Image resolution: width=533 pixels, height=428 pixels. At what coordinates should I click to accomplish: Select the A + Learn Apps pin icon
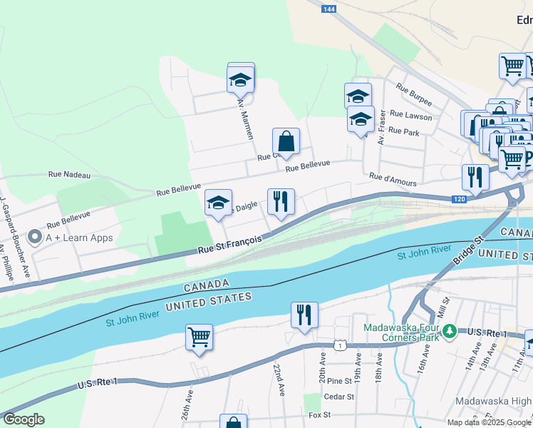(x=33, y=237)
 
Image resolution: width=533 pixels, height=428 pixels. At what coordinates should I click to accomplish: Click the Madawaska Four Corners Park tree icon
(x=449, y=331)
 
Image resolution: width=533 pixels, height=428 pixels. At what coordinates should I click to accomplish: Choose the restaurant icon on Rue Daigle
(x=281, y=202)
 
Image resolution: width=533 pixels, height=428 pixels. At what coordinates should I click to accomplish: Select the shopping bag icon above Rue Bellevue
(x=286, y=141)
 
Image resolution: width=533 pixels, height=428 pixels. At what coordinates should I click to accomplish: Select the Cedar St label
(x=338, y=397)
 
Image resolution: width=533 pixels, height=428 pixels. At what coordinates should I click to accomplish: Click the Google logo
(x=23, y=419)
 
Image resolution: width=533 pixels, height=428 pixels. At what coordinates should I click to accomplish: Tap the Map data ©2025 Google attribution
(x=489, y=422)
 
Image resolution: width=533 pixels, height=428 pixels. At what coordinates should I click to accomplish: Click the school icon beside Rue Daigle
(x=218, y=203)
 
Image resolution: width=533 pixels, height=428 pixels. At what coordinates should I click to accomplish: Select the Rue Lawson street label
(x=410, y=116)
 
